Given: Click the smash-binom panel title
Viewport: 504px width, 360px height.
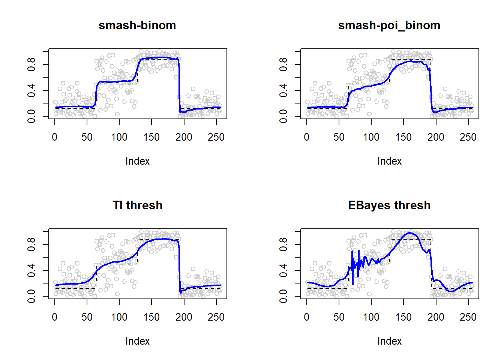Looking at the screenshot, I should [x=137, y=25].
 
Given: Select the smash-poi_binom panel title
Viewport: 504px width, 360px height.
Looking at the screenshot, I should [x=389, y=25].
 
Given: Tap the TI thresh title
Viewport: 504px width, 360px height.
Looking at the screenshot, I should [x=137, y=205].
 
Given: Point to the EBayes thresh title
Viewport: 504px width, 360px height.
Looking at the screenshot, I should [x=389, y=205].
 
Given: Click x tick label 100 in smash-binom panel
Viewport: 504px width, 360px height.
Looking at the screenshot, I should [x=119, y=137].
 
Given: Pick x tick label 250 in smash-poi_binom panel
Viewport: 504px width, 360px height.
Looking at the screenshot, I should [x=468, y=137].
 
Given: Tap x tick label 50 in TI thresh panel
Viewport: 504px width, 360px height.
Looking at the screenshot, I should [x=87, y=317].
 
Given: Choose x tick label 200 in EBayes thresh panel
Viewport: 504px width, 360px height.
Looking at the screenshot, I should [x=436, y=317].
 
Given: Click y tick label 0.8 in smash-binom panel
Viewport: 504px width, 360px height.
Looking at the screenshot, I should [x=31, y=64].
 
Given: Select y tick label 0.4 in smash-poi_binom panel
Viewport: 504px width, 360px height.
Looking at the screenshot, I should [x=283, y=90].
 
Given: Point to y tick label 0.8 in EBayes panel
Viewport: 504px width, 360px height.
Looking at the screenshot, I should [x=283, y=244].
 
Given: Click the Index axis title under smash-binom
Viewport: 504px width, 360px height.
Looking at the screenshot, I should [x=137, y=161].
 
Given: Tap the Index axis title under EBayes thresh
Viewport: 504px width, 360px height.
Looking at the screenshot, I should [x=389, y=341].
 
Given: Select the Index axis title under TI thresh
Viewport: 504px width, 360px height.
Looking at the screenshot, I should [x=137, y=341].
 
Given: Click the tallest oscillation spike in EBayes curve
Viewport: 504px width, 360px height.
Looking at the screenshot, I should [x=352, y=252].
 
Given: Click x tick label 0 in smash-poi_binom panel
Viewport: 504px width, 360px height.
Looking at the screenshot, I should [x=307, y=137].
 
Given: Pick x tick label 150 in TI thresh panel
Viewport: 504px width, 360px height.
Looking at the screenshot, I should [x=151, y=317].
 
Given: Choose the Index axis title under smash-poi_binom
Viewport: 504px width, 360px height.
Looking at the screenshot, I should [x=389, y=161].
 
